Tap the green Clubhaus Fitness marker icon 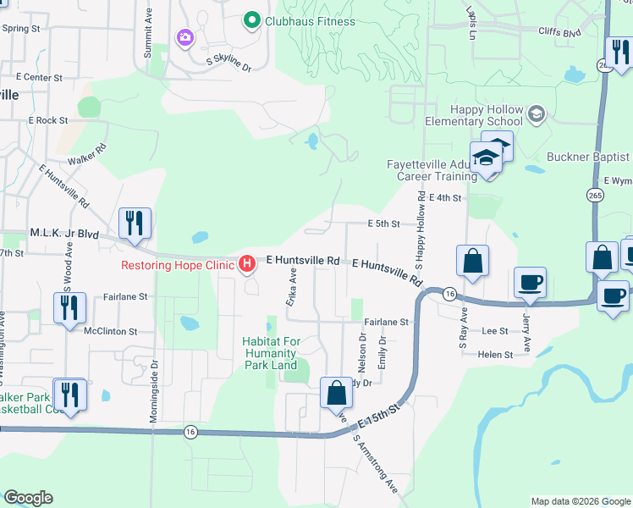point(251,19)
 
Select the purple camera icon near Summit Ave point(184,36)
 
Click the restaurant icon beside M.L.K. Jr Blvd point(135,224)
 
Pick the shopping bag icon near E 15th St point(337,393)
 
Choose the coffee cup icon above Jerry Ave point(530,283)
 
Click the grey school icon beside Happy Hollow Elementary point(536,113)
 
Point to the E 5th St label point(383,224)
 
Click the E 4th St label point(445,198)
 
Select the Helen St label point(496,355)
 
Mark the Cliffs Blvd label point(560,33)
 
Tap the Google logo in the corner point(28,499)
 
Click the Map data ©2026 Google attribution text point(580,501)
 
